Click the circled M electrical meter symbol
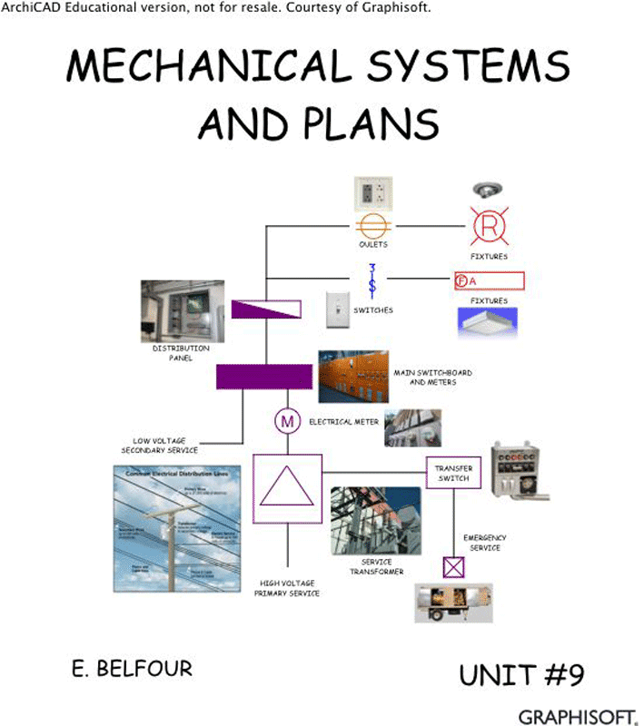pos(287,422)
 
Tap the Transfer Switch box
pos(451,473)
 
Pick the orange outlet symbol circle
pos(372,225)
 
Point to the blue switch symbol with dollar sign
pos(372,278)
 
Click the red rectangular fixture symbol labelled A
pos(489,280)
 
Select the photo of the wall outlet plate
pos(372,192)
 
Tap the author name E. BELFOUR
pos(132,670)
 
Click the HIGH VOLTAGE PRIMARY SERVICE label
pos(288,587)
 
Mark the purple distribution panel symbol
pos(266,309)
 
